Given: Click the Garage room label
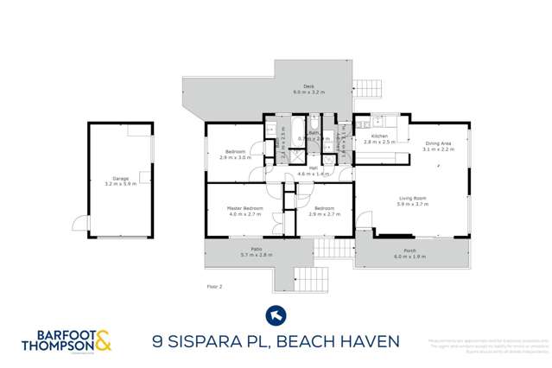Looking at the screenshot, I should tap(121, 179).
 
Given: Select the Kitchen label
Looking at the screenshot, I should tap(379, 136).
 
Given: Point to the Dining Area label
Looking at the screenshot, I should tap(437, 143).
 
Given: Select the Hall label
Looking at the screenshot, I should tap(313, 168).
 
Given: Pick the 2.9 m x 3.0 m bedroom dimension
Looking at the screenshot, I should tap(235, 158).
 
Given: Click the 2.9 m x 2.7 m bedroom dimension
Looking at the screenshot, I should tap(325, 214).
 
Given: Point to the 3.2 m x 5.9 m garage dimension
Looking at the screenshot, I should tap(121, 185).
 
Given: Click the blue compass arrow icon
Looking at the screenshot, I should tap(276, 314).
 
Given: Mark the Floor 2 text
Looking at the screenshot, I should tap(216, 286).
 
